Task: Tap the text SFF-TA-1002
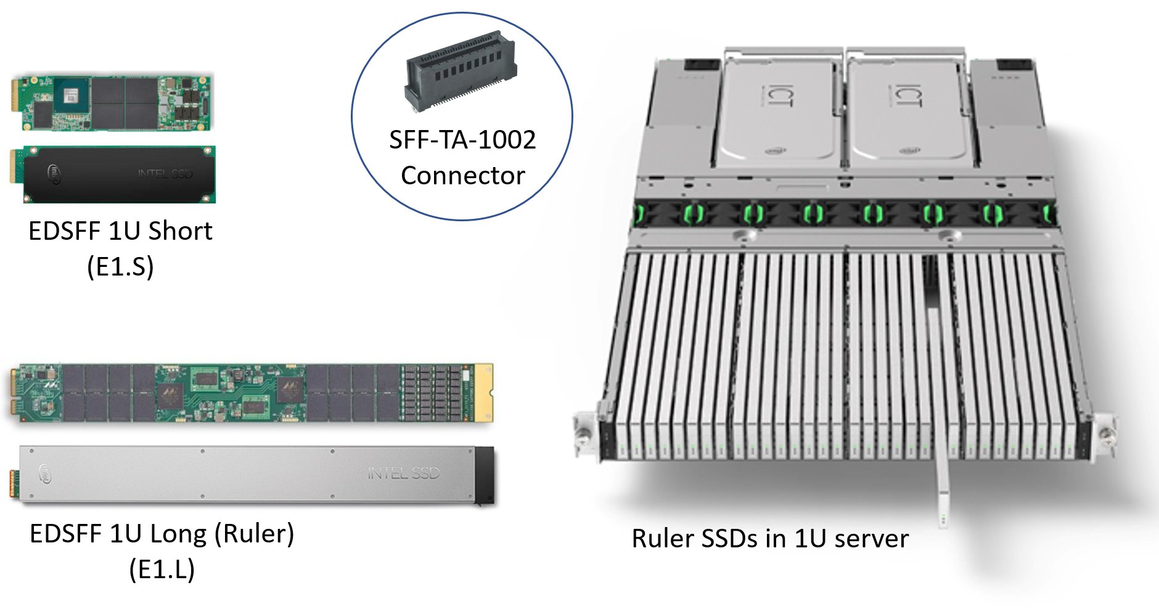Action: click(462, 140)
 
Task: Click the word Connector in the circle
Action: click(462, 176)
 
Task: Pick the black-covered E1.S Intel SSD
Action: click(114, 174)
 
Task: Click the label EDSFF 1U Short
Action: click(120, 231)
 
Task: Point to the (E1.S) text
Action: click(120, 266)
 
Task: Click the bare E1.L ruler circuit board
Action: click(247, 393)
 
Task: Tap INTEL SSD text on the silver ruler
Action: click(404, 473)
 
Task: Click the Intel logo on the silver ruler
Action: click(46, 473)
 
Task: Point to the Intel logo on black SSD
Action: click(55, 174)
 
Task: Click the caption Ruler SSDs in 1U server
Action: click(770, 538)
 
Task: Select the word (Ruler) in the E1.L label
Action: click(255, 534)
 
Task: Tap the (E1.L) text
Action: click(162, 569)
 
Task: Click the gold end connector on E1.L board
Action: click(483, 393)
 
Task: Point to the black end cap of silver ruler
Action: click(485, 475)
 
